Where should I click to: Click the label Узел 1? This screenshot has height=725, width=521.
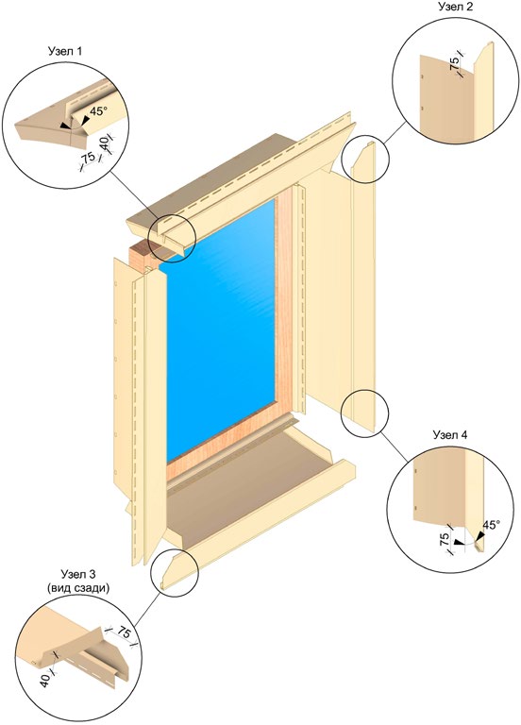click(66, 51)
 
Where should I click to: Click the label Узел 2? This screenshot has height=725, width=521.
click(455, 7)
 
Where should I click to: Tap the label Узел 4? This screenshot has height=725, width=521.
click(450, 435)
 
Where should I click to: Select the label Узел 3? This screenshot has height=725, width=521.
click(77, 575)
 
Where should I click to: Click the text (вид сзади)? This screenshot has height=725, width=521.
click(78, 589)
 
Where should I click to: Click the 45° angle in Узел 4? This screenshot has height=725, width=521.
click(492, 525)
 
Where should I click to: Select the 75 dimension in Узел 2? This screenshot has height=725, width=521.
click(456, 61)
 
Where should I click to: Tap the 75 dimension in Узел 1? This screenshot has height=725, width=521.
click(88, 158)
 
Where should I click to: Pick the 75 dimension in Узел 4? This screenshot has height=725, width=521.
click(445, 539)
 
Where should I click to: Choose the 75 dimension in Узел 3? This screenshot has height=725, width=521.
click(124, 633)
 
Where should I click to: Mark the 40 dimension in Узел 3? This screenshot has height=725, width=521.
click(45, 680)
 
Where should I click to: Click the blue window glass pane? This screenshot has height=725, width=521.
click(221, 329)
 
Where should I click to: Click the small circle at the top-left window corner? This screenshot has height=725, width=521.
click(172, 238)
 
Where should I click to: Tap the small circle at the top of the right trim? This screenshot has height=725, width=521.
click(365, 159)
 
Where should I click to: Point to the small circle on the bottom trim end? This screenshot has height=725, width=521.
click(175, 570)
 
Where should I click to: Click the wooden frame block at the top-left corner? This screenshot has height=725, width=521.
click(144, 258)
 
